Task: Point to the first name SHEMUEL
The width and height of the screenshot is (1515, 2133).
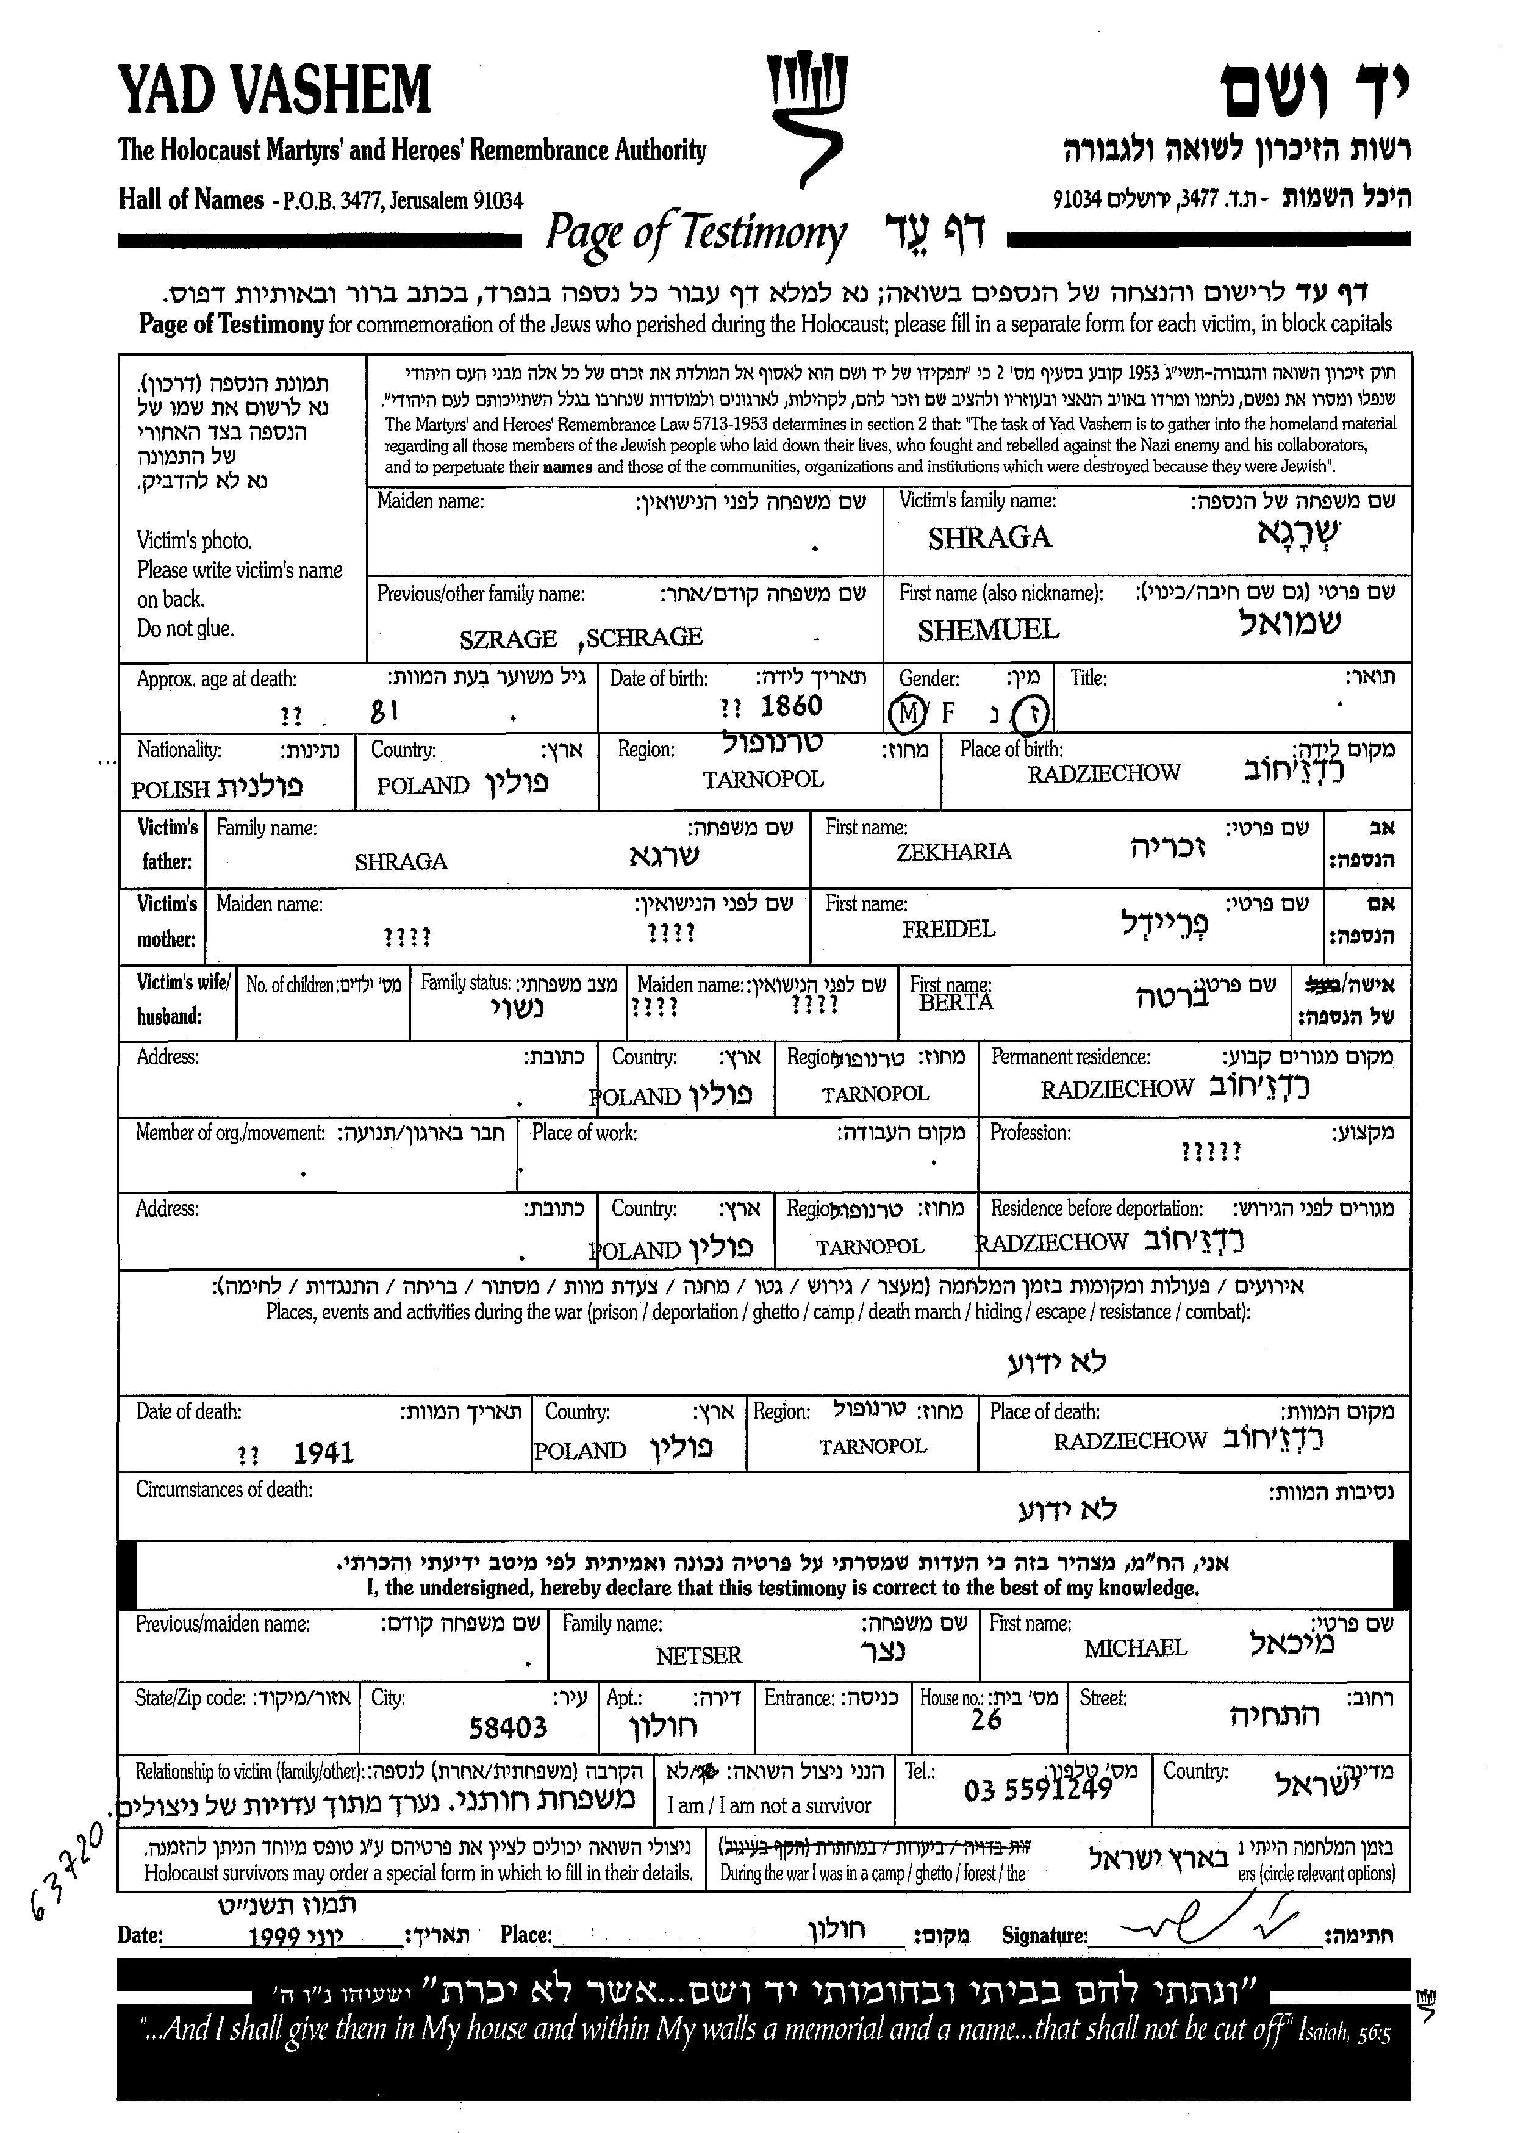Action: point(988,631)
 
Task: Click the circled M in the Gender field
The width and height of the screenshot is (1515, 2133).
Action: point(908,714)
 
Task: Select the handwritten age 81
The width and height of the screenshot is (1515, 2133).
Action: point(384,713)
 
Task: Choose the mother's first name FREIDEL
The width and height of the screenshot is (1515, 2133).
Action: point(948,930)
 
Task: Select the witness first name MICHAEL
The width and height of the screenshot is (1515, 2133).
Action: point(1134,1648)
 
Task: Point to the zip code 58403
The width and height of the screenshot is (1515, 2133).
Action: point(507,1728)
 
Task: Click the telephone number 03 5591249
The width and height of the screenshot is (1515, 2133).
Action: point(1037,1790)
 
